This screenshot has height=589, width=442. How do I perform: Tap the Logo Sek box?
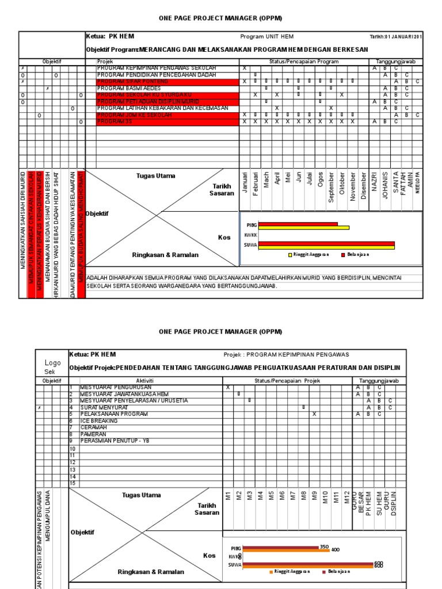[52, 367]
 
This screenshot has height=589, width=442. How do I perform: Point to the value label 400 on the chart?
[336, 549]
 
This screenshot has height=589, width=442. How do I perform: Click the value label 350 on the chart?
[324, 546]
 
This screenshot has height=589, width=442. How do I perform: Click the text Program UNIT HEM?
[267, 36]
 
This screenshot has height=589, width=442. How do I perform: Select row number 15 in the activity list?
[73, 484]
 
